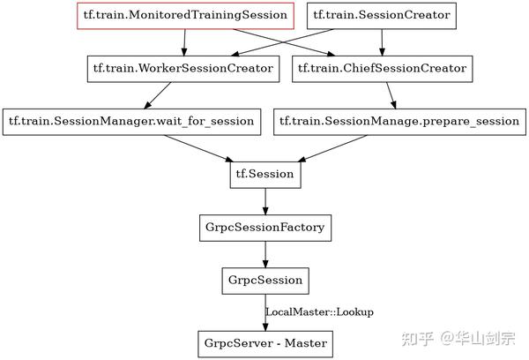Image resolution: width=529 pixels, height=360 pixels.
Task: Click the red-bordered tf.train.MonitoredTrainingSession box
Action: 183,15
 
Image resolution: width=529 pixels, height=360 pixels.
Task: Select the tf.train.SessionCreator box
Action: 381,15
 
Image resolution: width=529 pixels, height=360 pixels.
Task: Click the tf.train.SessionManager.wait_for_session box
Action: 132,121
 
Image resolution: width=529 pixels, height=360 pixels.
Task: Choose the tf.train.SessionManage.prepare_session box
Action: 399,121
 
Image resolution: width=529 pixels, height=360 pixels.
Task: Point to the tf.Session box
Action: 265,175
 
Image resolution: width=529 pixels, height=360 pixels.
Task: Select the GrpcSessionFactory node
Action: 265,228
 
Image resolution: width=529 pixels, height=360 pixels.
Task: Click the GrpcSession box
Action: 265,281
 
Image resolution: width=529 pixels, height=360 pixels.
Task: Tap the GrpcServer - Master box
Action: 265,342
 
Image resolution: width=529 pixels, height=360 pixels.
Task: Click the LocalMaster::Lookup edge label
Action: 319,311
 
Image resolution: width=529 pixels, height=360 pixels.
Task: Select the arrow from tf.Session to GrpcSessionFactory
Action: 265,201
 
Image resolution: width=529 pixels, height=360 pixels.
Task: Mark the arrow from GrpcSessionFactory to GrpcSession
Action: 265,254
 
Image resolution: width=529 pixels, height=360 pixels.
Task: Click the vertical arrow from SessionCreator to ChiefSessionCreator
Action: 381,41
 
